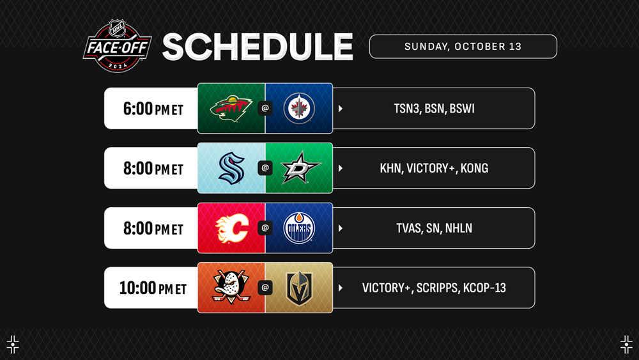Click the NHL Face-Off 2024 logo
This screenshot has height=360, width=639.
(118, 46)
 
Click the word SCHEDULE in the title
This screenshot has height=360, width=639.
(258, 47)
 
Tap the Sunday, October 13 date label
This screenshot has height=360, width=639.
(463, 47)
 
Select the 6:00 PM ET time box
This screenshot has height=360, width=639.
(151, 109)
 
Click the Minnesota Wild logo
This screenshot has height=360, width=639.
(231, 109)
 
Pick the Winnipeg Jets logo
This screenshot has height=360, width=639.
(299, 109)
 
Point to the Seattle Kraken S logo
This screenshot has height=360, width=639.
(231, 168)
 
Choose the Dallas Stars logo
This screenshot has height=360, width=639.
(300, 168)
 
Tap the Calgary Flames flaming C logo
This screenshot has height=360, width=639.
(231, 228)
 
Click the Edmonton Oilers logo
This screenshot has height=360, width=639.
(299, 228)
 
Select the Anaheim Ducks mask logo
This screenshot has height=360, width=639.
(231, 287)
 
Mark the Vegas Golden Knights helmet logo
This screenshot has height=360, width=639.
(299, 288)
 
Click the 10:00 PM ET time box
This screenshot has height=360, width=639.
(151, 288)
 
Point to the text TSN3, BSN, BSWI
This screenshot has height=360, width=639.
(434, 109)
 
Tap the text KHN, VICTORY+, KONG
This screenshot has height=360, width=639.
(434, 168)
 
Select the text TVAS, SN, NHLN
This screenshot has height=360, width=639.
(434, 228)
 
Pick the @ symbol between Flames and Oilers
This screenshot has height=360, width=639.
(265, 228)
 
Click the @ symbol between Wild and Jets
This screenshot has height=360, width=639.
(265, 109)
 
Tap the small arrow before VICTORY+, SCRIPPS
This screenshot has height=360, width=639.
(341, 288)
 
